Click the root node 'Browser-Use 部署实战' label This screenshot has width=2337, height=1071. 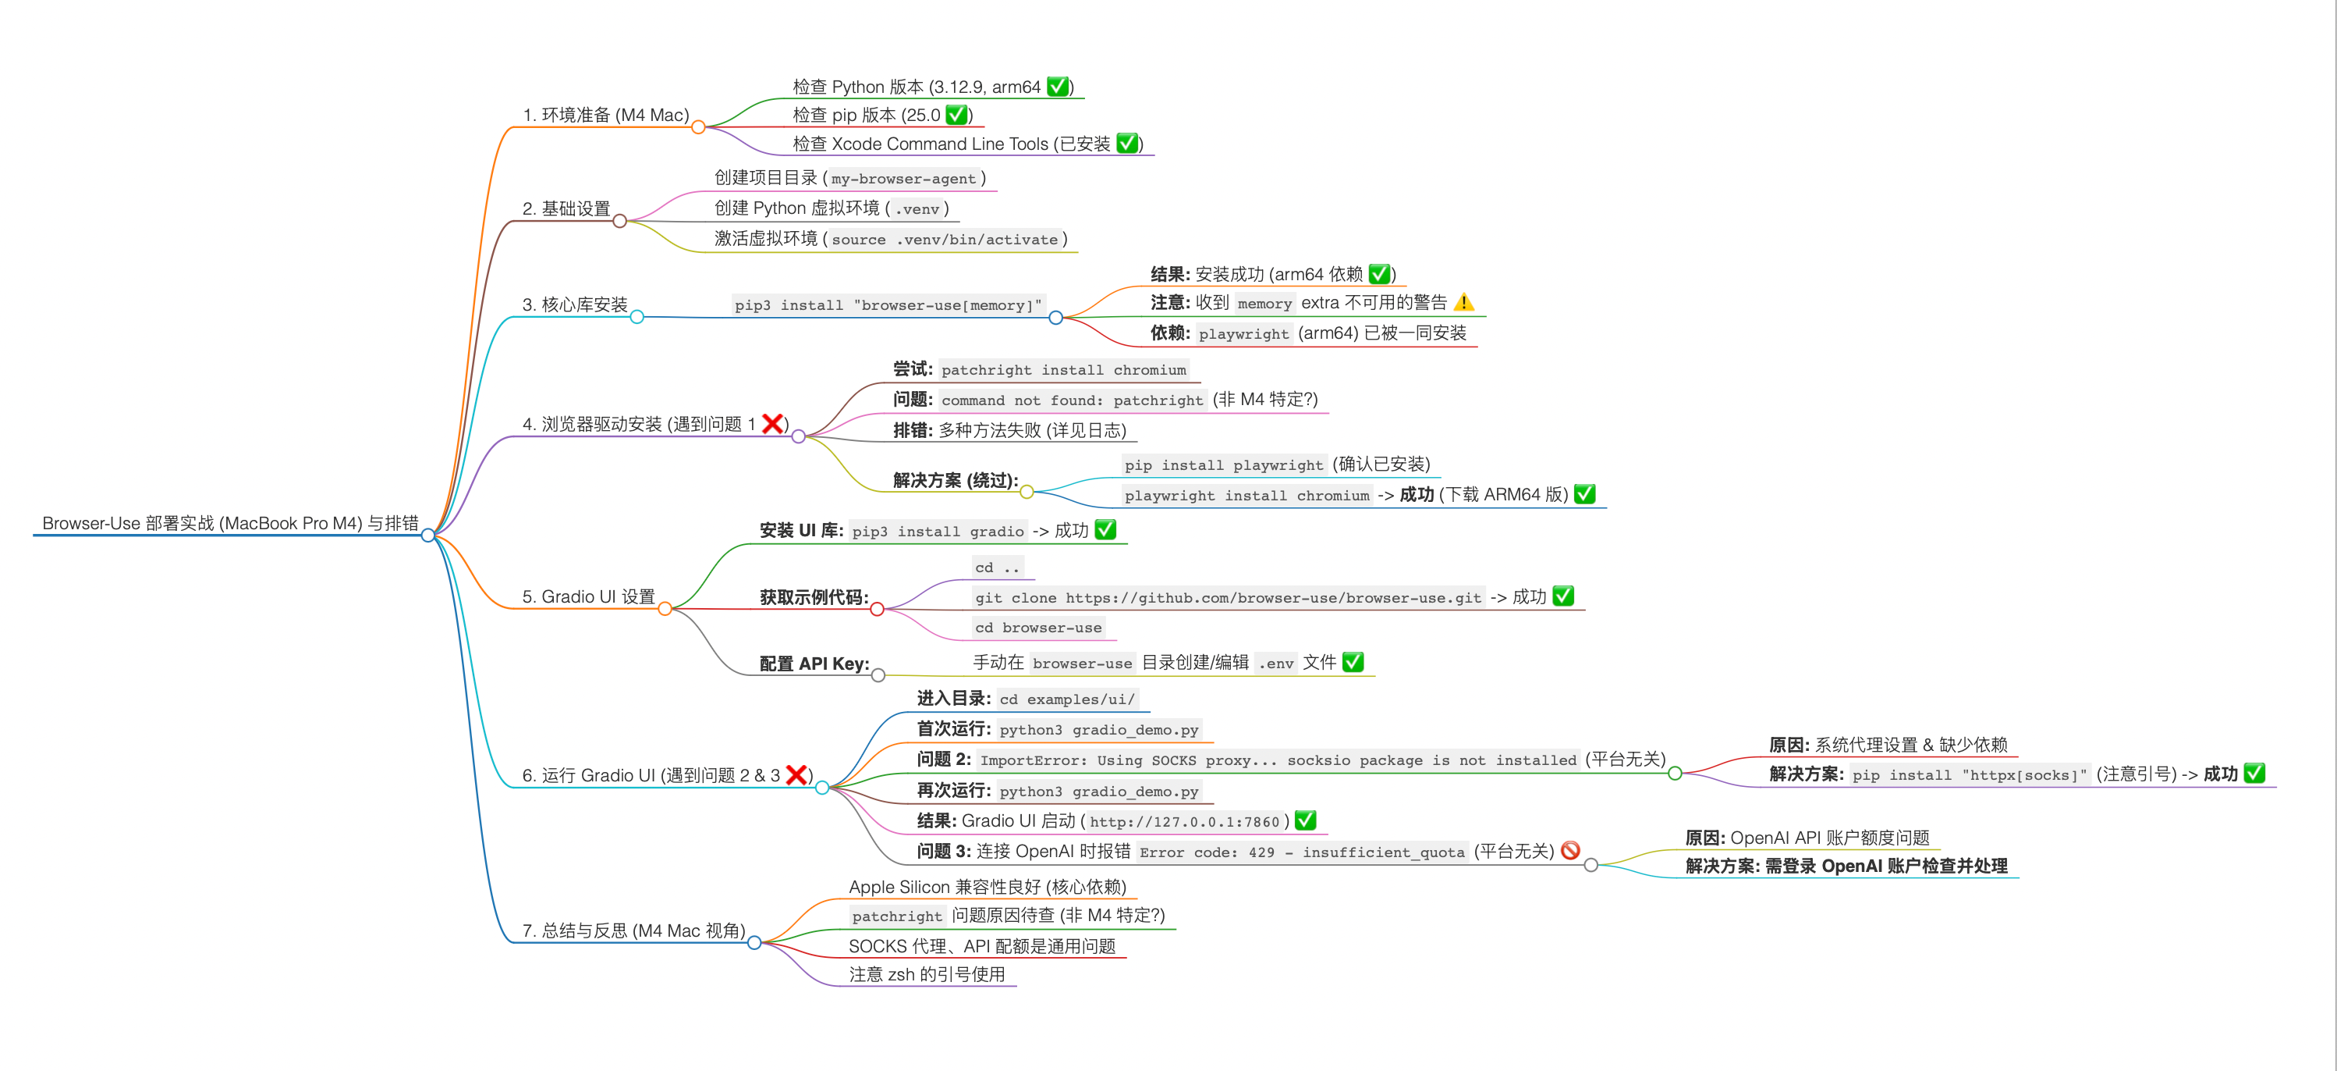pos(229,524)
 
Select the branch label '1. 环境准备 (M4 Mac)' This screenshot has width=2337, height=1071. pos(605,116)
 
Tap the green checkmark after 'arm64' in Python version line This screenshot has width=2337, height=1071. pos(1057,86)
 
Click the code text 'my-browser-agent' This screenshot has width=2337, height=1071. pos(903,179)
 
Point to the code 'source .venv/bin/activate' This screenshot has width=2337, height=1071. pos(945,240)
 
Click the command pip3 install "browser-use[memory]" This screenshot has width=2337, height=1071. pos(887,305)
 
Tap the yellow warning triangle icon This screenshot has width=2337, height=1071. pos(1463,302)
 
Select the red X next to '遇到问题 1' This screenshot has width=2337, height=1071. pos(773,423)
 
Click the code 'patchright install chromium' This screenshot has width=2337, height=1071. pos(1063,370)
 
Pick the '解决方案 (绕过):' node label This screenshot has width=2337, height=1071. pos(955,480)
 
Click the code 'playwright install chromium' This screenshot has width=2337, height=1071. pos(1247,496)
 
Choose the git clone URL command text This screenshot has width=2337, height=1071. pos(1228,598)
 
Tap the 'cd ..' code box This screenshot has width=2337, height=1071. pos(997,568)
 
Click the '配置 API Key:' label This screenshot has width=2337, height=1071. pos(814,664)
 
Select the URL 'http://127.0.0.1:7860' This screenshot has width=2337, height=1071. pos(1184,822)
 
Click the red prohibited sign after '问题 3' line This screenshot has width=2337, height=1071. pos(1570,850)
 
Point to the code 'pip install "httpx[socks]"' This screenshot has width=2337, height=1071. pos(1970,775)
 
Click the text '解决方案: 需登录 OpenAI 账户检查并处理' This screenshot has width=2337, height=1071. pos(1846,866)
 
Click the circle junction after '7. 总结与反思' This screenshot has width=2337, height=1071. pos(754,943)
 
